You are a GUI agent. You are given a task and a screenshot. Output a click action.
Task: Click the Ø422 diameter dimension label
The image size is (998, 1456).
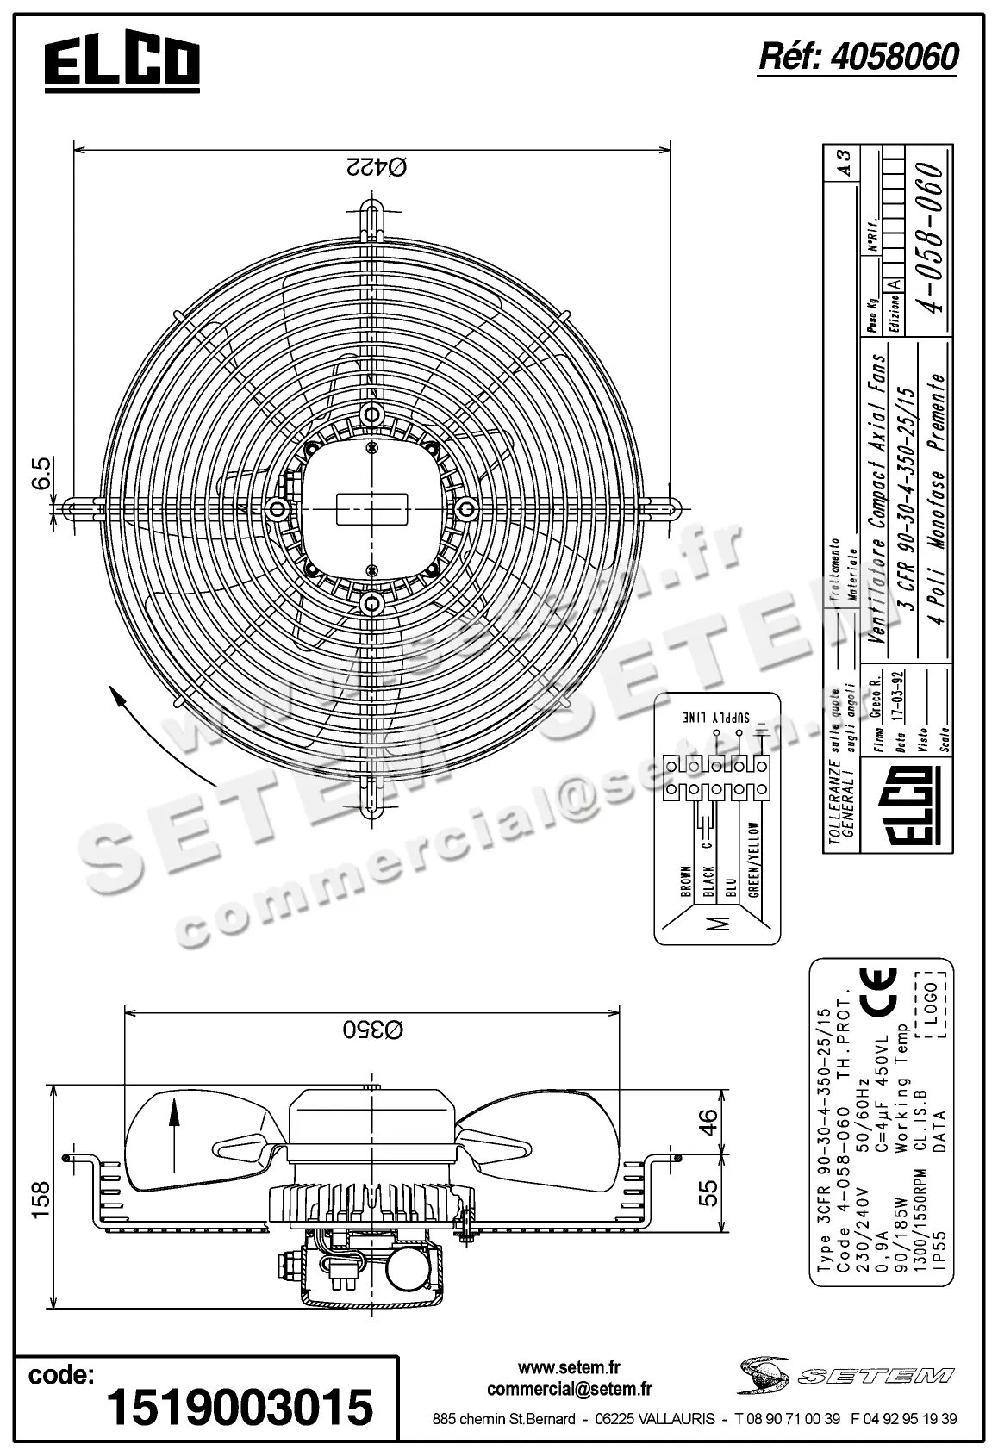(374, 166)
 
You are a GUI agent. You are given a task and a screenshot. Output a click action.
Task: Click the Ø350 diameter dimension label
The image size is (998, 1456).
(374, 1029)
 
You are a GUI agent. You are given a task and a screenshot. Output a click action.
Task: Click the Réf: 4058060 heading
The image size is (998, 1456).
(858, 57)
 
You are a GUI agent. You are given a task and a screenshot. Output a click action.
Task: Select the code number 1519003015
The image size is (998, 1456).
(240, 1407)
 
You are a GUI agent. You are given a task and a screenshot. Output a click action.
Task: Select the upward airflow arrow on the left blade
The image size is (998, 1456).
(173, 1123)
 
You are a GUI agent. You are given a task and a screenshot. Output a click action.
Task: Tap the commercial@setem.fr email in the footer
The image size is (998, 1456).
(569, 1389)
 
